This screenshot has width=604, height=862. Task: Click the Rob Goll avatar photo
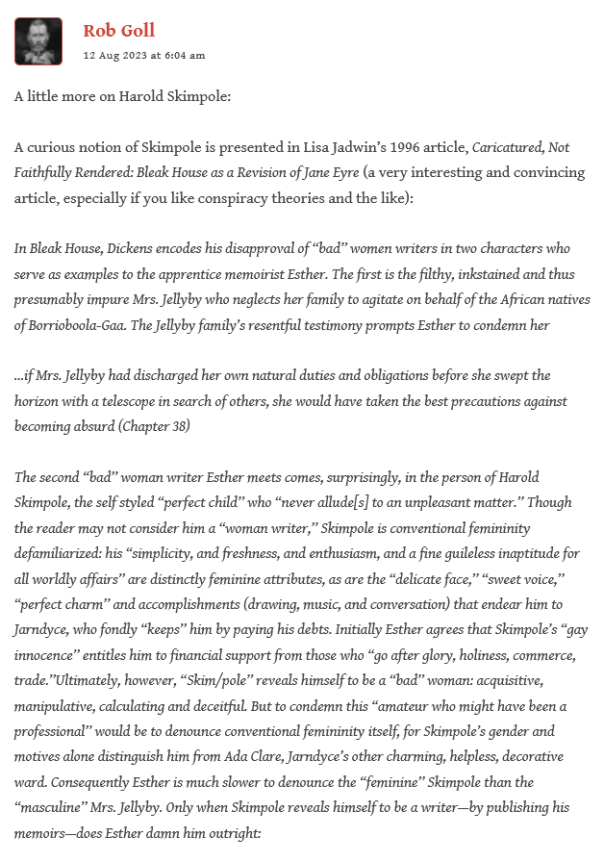tap(38, 41)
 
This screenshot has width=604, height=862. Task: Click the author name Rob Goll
tap(118, 31)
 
